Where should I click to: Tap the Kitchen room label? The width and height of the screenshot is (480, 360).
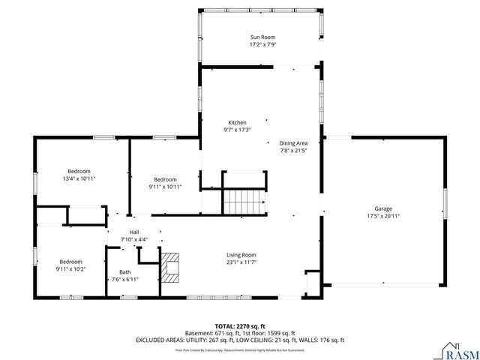pyautogui.click(x=237, y=122)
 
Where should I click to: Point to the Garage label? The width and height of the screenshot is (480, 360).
pyautogui.click(x=383, y=208)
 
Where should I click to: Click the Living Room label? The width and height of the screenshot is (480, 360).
pyautogui.click(x=241, y=255)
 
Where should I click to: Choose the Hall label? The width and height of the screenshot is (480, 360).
pyautogui.click(x=134, y=232)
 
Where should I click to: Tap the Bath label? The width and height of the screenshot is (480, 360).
pyautogui.click(x=124, y=272)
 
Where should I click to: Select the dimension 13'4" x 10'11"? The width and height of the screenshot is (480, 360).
pyautogui.click(x=79, y=179)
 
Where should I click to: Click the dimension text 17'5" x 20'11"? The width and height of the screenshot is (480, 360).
pyautogui.click(x=383, y=216)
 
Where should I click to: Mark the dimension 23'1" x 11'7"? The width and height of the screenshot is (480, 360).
pyautogui.click(x=241, y=262)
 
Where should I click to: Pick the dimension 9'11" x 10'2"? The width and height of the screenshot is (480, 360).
pyautogui.click(x=70, y=268)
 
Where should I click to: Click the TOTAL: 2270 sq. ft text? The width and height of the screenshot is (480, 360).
pyautogui.click(x=240, y=326)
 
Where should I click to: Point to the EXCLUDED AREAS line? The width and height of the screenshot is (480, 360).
pyautogui.click(x=240, y=340)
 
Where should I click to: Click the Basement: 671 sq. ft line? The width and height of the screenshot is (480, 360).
pyautogui.click(x=240, y=333)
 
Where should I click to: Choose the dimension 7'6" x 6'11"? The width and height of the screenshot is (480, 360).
pyautogui.click(x=124, y=279)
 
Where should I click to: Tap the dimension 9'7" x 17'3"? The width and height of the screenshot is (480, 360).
pyautogui.click(x=237, y=130)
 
